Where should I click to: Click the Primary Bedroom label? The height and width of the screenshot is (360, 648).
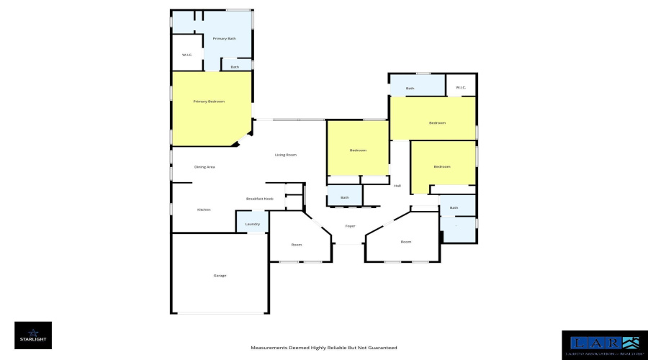click(x=210, y=102)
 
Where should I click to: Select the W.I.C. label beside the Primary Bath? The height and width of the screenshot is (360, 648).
click(x=186, y=55)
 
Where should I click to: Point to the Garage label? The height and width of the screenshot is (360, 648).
click(x=220, y=275)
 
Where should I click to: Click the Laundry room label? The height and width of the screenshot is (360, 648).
click(x=252, y=224)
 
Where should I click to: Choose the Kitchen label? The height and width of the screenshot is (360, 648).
click(x=204, y=210)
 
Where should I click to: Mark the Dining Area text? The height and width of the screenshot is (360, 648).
click(x=205, y=167)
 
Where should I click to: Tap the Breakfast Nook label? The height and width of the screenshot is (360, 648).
click(x=259, y=199)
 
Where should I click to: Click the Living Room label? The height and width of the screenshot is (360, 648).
click(x=286, y=155)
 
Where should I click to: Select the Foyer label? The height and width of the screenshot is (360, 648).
click(x=351, y=226)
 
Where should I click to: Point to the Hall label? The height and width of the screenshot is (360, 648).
click(x=397, y=186)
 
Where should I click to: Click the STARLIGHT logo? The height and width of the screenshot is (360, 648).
click(x=33, y=335)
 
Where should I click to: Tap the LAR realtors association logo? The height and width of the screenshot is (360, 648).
click(x=600, y=344)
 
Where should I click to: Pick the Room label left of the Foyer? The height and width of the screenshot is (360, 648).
click(x=296, y=245)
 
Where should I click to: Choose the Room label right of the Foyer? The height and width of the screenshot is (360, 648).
click(x=406, y=241)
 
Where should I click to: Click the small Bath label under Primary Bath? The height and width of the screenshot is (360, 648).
click(x=235, y=67)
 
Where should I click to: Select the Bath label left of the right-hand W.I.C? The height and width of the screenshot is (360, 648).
click(x=410, y=89)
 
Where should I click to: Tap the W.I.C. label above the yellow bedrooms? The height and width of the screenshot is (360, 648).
click(x=461, y=88)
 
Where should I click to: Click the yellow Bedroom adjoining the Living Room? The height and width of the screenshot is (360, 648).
click(x=358, y=150)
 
